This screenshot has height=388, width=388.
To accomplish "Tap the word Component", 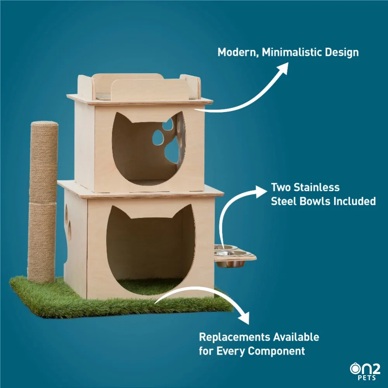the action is [x=276, y=351].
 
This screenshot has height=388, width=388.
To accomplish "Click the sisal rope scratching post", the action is [x=43, y=202].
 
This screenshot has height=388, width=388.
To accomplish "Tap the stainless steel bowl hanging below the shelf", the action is [x=230, y=263].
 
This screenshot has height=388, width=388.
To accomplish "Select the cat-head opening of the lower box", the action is [x=149, y=248].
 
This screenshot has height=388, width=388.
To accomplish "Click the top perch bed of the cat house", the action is [x=140, y=89].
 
